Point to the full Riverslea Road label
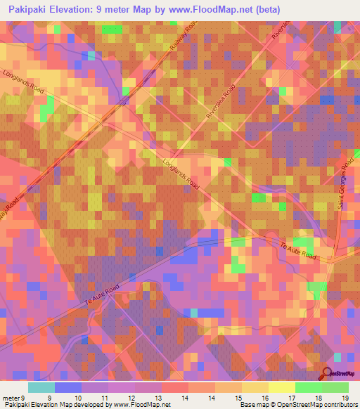[x=219, y=108]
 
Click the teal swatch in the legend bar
[x=41, y=387]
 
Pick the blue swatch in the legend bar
[x=68, y=387]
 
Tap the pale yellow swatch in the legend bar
[x=282, y=387]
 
